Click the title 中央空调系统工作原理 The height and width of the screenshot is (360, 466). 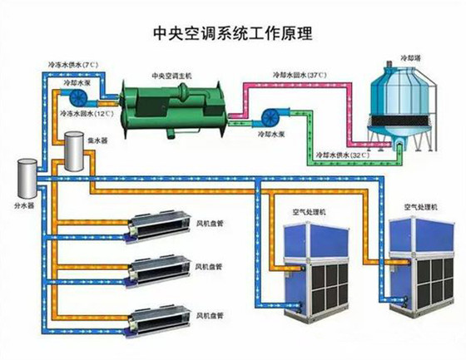[233, 33]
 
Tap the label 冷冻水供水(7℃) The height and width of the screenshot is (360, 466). [73, 65]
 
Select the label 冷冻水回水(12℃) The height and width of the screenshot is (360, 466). [87, 113]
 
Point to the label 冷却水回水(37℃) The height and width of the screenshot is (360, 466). [300, 75]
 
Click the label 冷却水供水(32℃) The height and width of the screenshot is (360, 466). [342, 155]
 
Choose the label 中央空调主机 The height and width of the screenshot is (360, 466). [171, 76]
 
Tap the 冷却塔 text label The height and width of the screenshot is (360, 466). [409, 58]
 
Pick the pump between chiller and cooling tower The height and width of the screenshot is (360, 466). [271, 118]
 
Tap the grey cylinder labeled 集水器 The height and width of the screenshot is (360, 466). [74, 151]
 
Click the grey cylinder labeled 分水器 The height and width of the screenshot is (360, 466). [27, 178]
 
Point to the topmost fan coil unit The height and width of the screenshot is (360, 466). [158, 226]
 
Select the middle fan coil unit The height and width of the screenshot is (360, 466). [158, 271]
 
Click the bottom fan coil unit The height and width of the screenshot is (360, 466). [158, 321]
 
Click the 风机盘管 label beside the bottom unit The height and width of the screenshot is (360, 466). [210, 316]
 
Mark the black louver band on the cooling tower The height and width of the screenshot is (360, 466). [403, 120]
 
